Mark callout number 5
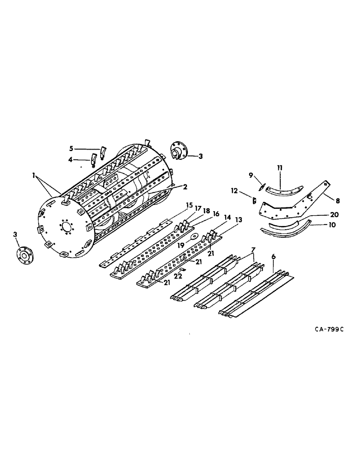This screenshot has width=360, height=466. coord(71,148)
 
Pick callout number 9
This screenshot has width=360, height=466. coord(251,175)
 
